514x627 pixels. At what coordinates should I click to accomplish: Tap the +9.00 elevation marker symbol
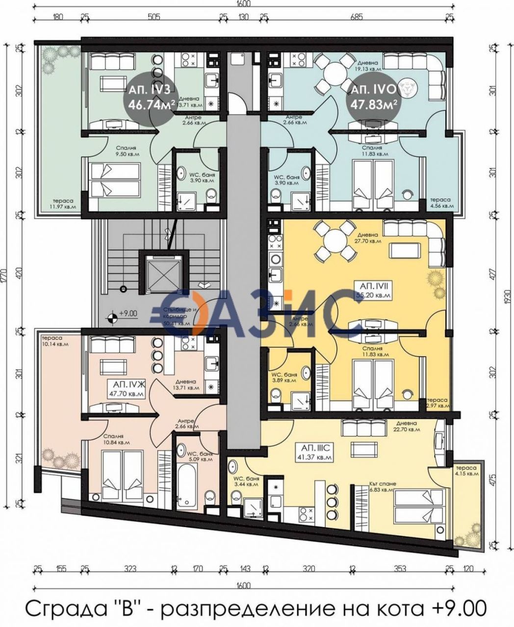click(x=112, y=317)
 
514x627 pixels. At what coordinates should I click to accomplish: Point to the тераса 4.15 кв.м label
click(x=466, y=470)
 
